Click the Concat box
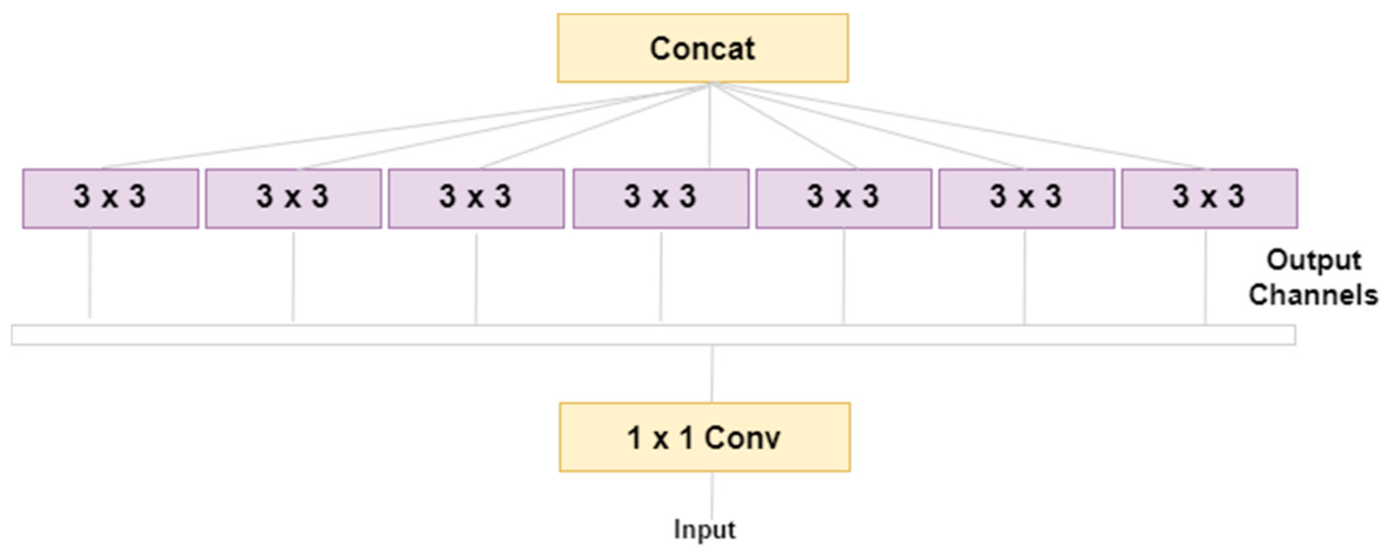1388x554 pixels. (703, 48)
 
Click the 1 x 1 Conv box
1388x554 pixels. (705, 437)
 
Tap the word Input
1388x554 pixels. (704, 529)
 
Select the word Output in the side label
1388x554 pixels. (1314, 261)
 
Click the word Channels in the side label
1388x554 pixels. (1313, 295)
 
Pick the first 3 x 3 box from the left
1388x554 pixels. (110, 198)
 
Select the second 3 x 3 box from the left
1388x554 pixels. (293, 198)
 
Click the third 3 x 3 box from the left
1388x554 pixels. (476, 198)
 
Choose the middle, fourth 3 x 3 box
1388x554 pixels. (660, 198)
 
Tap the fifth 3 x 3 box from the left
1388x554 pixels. (843, 198)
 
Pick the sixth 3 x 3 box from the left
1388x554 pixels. (1026, 198)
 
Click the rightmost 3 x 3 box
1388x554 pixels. (1209, 198)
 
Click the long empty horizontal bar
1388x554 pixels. (653, 335)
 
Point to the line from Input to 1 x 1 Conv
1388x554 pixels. (712, 496)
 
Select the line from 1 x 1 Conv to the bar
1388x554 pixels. (712, 374)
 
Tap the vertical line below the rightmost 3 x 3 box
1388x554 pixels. (1205, 277)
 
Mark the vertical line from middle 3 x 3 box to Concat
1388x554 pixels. (710, 126)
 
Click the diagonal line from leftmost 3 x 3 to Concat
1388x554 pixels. (377, 129)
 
